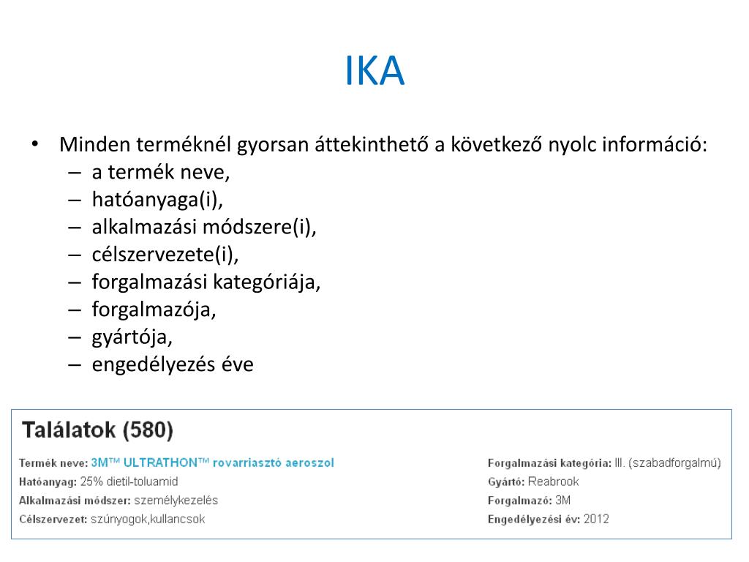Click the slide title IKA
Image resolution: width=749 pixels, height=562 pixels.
[x=374, y=70]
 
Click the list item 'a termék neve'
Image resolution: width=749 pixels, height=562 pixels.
[x=160, y=173]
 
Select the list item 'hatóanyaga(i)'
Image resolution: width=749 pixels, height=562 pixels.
[x=157, y=200]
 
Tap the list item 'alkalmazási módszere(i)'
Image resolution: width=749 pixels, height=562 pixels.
[x=204, y=227]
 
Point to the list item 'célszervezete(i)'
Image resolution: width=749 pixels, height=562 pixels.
[x=165, y=254]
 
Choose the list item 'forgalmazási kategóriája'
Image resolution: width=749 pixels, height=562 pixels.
[x=206, y=282]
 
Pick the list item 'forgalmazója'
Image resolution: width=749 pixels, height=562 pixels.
[x=154, y=309]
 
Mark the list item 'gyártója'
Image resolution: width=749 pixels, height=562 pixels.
[x=132, y=337]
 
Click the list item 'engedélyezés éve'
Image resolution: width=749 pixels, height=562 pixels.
[x=173, y=364]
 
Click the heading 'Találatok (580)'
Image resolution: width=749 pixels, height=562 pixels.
[x=98, y=430]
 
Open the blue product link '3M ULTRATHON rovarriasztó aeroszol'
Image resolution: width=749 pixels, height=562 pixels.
[x=212, y=462]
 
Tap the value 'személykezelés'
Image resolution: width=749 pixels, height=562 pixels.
[x=176, y=501]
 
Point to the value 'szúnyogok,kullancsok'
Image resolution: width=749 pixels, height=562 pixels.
[x=148, y=520]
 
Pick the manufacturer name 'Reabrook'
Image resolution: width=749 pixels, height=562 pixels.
[x=553, y=482]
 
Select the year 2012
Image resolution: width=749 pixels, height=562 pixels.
[x=596, y=520]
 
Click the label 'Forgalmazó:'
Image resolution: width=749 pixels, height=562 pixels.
[x=519, y=501]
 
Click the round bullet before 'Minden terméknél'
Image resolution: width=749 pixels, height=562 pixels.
[x=34, y=143]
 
